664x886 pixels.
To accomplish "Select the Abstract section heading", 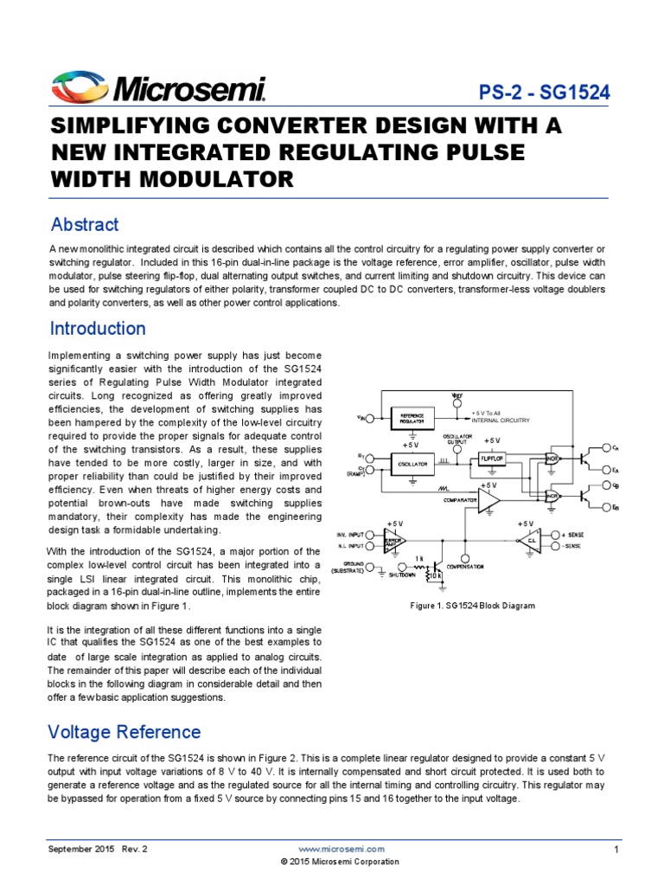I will coord(85,225).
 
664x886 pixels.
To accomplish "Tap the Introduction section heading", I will coord(98,329).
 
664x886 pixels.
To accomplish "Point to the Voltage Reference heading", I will coord(124,732).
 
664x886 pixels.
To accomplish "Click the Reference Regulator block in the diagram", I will coord(412,417).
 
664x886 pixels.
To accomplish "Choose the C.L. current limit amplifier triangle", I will coord(531,541).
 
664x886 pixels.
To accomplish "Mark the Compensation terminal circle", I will coord(467,559).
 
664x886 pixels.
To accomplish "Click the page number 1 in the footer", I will coord(616,850).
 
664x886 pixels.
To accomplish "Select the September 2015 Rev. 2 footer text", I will coord(98,850).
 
